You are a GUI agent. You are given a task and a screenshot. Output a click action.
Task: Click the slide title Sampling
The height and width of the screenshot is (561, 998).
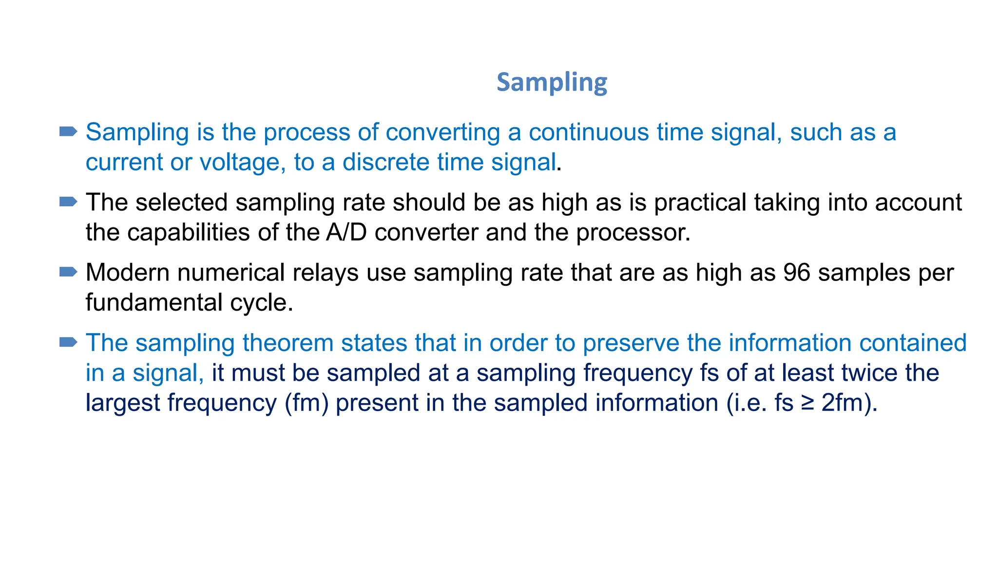pos(552,82)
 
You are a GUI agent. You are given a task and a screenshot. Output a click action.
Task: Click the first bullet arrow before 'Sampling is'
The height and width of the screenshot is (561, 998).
pos(68,131)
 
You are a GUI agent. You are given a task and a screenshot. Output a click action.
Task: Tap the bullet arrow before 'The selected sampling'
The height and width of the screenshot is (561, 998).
pos(68,202)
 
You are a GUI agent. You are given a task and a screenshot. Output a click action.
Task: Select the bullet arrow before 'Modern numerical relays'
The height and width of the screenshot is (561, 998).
pos(68,272)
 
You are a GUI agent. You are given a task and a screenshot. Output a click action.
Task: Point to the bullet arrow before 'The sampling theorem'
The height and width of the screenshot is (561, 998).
pos(68,342)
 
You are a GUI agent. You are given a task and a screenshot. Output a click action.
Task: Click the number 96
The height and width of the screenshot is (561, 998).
pos(796,273)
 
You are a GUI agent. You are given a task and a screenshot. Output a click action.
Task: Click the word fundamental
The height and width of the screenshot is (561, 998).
pos(154,302)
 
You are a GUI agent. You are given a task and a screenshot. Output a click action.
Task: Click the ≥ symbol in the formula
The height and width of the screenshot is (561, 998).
pos(807,403)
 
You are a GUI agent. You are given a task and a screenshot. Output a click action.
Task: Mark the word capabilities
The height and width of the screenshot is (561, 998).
pos(189,232)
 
